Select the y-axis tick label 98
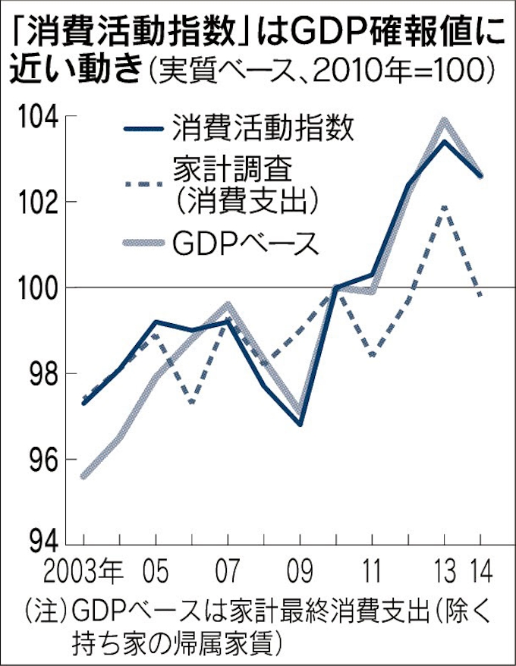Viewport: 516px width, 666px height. point(38,374)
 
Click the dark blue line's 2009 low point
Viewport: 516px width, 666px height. point(300,424)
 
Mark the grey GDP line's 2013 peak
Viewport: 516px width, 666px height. point(444,120)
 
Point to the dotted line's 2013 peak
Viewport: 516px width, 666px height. point(444,206)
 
